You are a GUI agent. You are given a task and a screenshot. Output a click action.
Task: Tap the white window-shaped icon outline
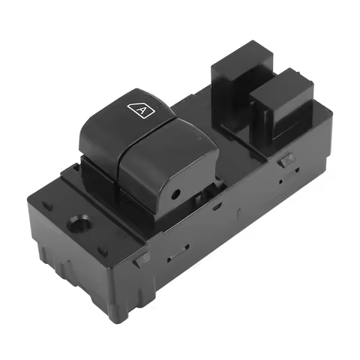[x=141, y=111]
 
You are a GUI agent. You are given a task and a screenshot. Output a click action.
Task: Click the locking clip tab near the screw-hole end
[x=142, y=259]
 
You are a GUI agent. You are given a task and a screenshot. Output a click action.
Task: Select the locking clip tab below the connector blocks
[x=286, y=160]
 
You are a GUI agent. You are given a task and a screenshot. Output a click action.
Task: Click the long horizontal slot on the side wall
[x=178, y=253]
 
